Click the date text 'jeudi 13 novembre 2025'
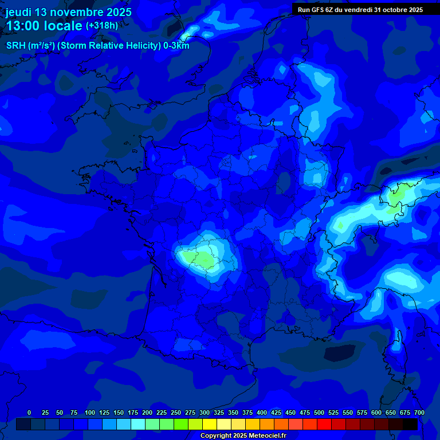[x=68, y=12]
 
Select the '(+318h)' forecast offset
[x=102, y=26]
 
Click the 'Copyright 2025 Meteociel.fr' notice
[x=243, y=436]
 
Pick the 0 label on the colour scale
[x=29, y=412]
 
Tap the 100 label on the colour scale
[x=90, y=412]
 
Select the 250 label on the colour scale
[x=176, y=412]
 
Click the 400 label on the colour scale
[x=262, y=412]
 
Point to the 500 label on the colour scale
[x=319, y=412]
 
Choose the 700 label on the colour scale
[x=419, y=412]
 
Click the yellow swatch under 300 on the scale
[x=210, y=424]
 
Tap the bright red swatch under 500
[x=324, y=424]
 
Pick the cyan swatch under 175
[x=138, y=424]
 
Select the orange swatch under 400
[x=267, y=424]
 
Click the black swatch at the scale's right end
[x=410, y=424]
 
